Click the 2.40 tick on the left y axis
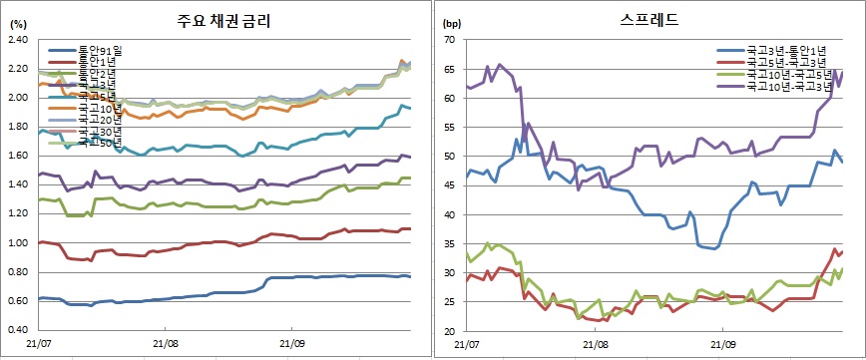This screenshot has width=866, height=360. pos(17,40)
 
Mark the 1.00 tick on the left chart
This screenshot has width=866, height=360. pos(17,243)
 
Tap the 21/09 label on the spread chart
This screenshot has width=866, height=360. pos(719,345)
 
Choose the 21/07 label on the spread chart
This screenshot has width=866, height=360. pos(466,345)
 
